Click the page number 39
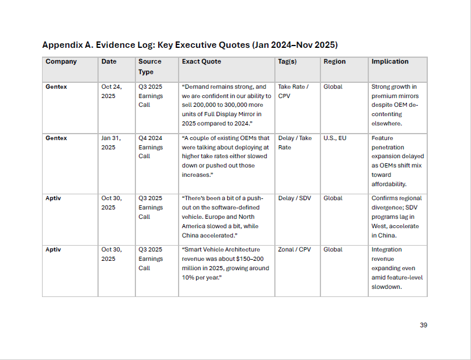point(423,325)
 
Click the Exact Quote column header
point(201,61)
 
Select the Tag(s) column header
point(289,61)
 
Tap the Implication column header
point(390,61)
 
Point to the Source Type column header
point(150,67)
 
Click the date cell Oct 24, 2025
point(111,91)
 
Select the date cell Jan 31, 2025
point(111,142)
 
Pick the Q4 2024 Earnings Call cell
point(151,147)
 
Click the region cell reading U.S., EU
point(335,138)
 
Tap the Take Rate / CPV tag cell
point(293,91)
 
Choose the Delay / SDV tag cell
point(294,198)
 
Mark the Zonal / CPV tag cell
point(294,249)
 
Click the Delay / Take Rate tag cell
point(295,142)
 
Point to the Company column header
point(61,61)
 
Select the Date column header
point(109,61)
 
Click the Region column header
point(334,61)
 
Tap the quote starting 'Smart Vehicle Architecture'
point(226,263)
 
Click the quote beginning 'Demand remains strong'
point(226,105)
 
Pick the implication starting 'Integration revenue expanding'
point(397,268)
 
